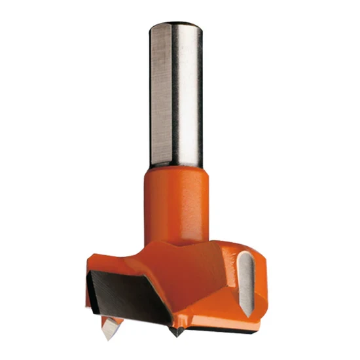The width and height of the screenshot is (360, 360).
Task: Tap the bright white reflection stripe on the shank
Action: click(x=189, y=98)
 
